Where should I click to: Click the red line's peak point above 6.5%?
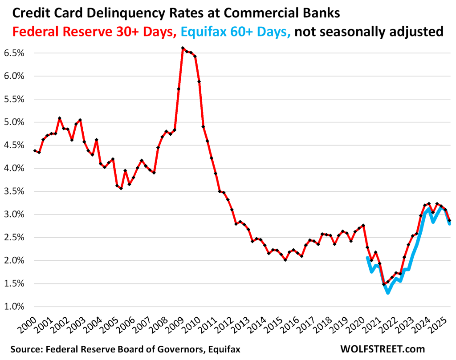click(183, 48)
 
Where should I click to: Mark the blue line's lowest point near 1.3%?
click(388, 293)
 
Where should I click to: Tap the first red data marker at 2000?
click(35, 151)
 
